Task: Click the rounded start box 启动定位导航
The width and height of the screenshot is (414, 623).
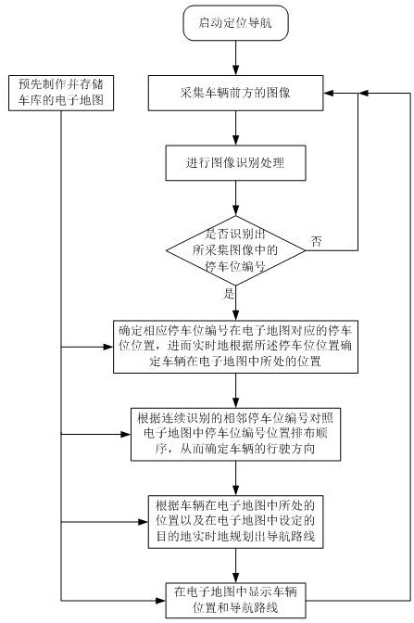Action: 235,22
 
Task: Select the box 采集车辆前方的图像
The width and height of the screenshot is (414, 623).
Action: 235,93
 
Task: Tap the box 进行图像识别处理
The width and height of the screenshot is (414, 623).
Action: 235,163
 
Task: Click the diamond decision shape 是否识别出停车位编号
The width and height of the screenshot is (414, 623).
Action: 235,250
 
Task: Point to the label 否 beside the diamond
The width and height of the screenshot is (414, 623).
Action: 317,241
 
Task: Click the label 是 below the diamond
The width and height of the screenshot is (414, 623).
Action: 229,294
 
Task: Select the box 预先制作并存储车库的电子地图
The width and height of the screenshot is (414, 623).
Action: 61,93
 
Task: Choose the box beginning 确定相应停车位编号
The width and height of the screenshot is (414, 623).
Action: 235,347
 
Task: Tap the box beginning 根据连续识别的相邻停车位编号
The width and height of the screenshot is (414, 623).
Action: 235,434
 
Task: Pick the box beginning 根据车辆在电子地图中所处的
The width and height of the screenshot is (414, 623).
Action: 235,522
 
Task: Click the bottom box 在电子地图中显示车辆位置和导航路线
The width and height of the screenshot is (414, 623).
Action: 235,601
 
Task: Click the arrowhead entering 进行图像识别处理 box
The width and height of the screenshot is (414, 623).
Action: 235,141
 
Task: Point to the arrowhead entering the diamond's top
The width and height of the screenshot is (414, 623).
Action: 235,211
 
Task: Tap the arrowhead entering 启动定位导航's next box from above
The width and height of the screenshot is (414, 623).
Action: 235,70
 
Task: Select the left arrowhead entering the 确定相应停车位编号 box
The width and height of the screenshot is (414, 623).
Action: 108,347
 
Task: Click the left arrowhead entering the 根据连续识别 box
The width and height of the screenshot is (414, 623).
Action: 126,434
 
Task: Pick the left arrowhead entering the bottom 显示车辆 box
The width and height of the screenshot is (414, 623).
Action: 161,601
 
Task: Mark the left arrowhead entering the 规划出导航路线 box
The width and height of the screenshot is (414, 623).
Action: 144,522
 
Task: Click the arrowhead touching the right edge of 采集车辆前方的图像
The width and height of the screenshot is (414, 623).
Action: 328,93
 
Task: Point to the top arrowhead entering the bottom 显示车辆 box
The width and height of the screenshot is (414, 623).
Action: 235,578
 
